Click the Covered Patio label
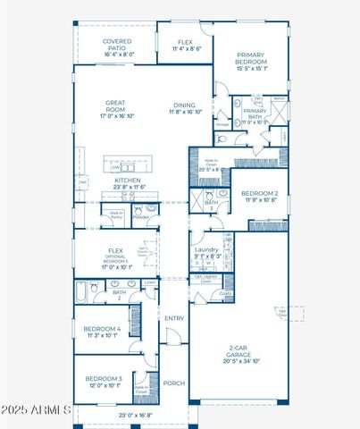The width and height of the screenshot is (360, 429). pos(118,41)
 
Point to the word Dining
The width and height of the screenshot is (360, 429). pos(183,105)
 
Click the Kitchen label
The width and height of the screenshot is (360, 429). pos(127,180)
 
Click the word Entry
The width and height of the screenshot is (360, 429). pos(173,318)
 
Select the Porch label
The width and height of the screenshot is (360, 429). pos(174,383)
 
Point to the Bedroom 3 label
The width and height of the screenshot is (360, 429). pos(104,379)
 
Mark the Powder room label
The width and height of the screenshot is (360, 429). pos(141,216)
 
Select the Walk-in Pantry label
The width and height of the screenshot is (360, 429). pos(116,214)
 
